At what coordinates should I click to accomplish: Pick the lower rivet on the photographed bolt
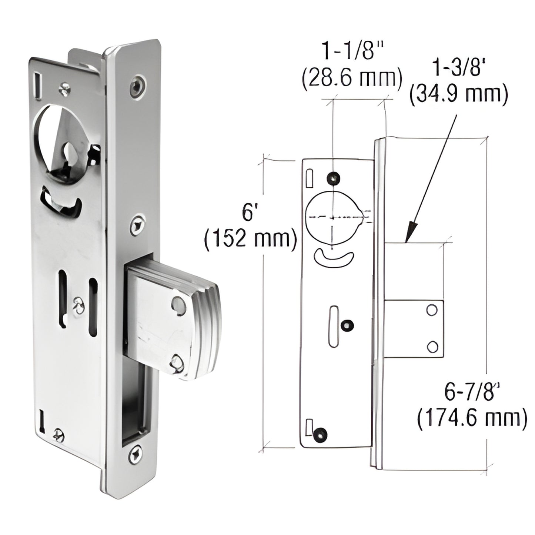click(177, 363)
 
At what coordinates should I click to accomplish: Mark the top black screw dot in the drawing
click(334, 178)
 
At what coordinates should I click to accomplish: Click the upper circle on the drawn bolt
click(432, 310)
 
